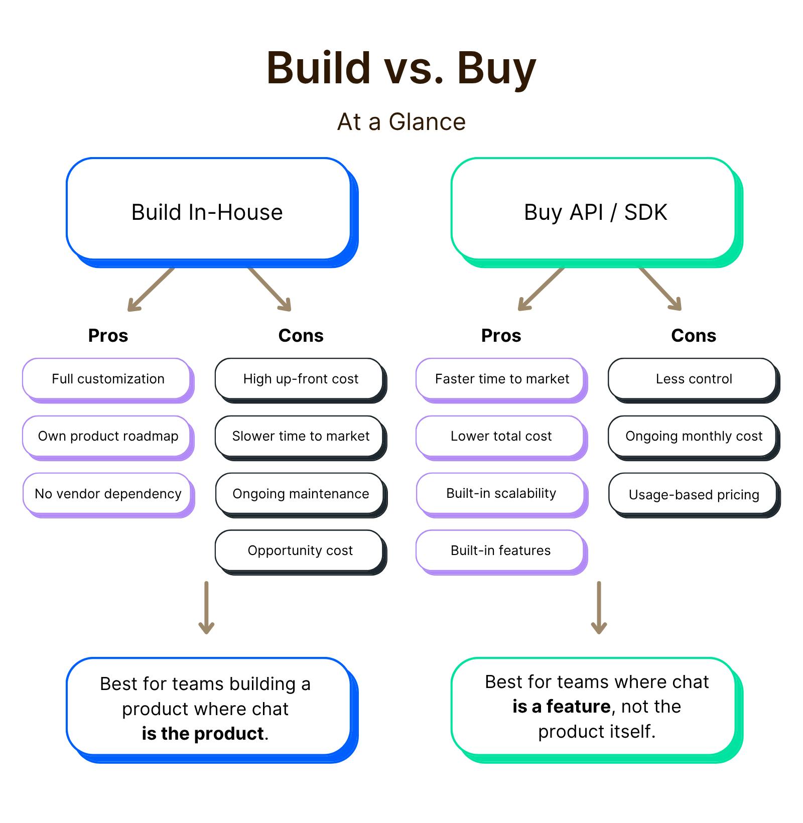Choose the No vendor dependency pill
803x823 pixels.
(107, 493)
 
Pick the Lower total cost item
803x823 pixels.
(500, 436)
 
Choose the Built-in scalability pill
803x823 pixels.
(500, 493)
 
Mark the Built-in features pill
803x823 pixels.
(500, 551)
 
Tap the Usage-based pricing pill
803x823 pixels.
(693, 494)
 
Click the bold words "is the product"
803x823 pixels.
(203, 734)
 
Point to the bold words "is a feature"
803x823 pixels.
(561, 707)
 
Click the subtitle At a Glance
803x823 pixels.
(401, 122)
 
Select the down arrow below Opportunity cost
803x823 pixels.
(206, 607)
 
